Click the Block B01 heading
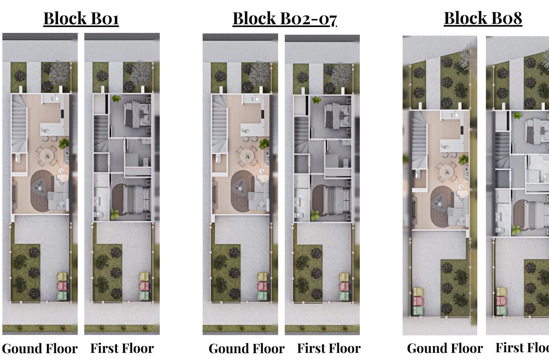[81, 18]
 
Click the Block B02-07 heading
[285, 18]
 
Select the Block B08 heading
[483, 18]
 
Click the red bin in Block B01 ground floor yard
[62, 286]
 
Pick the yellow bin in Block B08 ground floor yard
[418, 292]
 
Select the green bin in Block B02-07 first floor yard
[345, 296]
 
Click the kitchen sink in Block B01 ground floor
[55, 99]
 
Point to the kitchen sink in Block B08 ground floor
[454, 115]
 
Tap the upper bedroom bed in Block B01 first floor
[138, 115]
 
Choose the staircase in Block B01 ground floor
[19, 124]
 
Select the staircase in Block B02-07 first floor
[301, 135]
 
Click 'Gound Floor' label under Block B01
[40, 348]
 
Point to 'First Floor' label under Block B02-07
[329, 348]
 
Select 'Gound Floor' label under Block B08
[445, 348]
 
